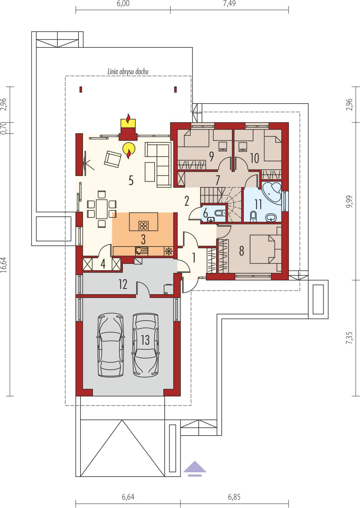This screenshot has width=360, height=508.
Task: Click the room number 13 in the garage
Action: pos(145,340)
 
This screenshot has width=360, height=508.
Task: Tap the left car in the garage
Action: pos(111,345)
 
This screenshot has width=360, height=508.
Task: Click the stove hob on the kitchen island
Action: pos(144,226)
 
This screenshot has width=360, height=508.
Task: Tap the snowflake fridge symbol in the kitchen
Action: pos(169,251)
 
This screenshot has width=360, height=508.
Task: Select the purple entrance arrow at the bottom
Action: pos(195,469)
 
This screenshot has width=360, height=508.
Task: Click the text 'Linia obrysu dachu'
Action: pos(128,72)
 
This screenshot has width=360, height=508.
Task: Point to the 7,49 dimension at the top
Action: pos(229,4)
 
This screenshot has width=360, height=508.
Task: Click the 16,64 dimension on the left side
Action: pos(4,265)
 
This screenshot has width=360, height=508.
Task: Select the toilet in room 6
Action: pos(220,213)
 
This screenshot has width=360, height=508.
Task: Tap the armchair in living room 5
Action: pos(113,159)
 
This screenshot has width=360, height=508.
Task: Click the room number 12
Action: pos(123,284)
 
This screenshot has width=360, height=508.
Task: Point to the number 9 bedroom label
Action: pos(211,157)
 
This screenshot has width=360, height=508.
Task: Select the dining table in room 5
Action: pos(102,209)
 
